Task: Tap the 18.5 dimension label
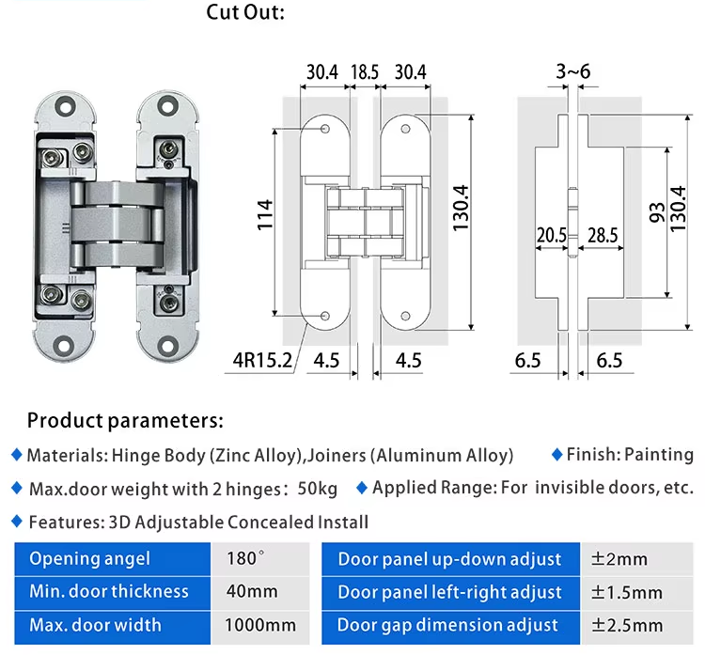coord(365,72)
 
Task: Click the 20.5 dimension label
coord(552,235)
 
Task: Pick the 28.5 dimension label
coord(602,235)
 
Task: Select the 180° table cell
coord(246,559)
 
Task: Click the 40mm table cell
coord(252,592)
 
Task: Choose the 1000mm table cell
coord(260,625)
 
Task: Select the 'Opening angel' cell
coord(89,559)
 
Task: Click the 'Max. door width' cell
coord(95,625)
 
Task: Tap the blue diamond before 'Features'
coord(16,521)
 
